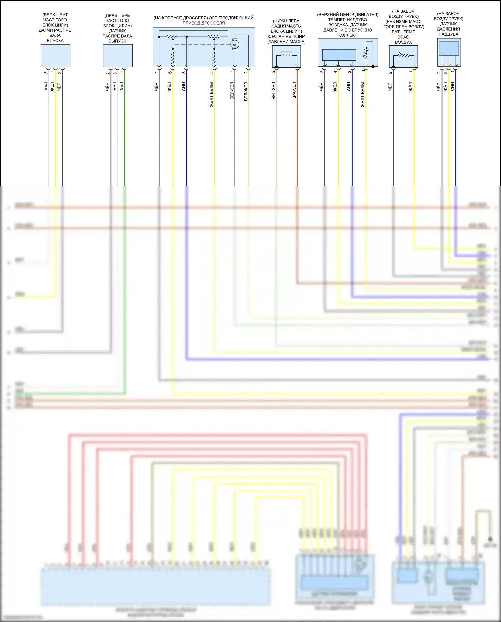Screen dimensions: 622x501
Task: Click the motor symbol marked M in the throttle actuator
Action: (x=234, y=45)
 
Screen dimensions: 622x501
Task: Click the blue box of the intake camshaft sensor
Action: (x=55, y=55)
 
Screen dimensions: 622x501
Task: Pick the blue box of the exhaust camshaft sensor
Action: (x=118, y=55)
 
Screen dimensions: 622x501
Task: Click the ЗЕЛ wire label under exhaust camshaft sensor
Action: (x=122, y=86)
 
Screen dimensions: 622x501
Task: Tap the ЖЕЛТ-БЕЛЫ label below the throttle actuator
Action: (x=211, y=95)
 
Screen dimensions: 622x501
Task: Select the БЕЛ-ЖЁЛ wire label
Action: (x=246, y=91)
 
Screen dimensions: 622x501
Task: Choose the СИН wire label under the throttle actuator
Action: (x=184, y=86)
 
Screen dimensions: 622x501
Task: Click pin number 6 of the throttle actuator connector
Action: (x=170, y=72)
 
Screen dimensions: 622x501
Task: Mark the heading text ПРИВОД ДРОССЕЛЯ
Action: (x=203, y=23)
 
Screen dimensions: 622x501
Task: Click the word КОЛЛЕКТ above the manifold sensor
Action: (x=347, y=35)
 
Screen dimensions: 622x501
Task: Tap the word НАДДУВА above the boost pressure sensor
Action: (x=448, y=34)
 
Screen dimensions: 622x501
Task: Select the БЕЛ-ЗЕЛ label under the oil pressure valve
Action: (x=274, y=91)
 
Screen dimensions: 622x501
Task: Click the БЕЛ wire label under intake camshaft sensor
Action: (x=45, y=87)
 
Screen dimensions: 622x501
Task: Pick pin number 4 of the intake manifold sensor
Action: (x=336, y=72)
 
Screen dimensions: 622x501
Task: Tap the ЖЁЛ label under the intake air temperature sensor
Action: (x=411, y=87)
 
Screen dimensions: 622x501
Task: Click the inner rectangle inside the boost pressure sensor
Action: (x=449, y=48)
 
